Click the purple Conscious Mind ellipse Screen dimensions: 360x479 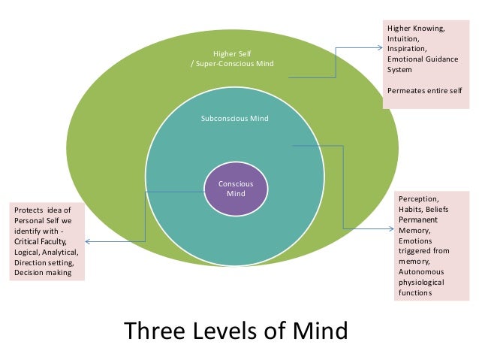[x=236, y=189]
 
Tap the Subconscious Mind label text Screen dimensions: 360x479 [x=235, y=119]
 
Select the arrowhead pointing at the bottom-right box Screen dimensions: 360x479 [x=390, y=228]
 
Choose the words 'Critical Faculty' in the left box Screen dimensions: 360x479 [x=41, y=241]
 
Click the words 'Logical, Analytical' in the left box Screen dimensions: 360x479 [x=46, y=252]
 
